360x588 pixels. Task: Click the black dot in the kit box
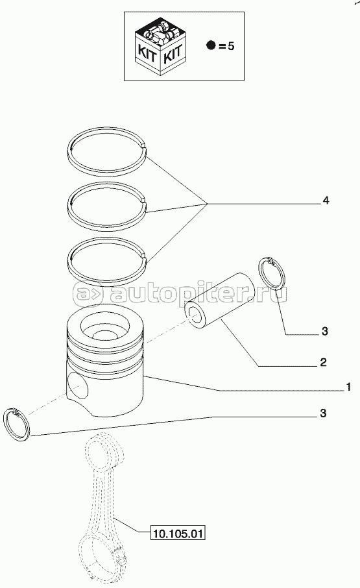(x=211, y=46)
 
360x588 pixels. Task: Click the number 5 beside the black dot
(x=231, y=46)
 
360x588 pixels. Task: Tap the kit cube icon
(x=160, y=47)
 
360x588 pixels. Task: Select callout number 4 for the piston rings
(x=326, y=201)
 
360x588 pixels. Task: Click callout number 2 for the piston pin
(x=323, y=362)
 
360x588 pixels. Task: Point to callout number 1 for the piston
(x=348, y=387)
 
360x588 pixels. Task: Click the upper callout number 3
(x=325, y=331)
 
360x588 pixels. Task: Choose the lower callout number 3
(x=323, y=413)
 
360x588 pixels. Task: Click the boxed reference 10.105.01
(x=178, y=532)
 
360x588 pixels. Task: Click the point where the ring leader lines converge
(x=207, y=204)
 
